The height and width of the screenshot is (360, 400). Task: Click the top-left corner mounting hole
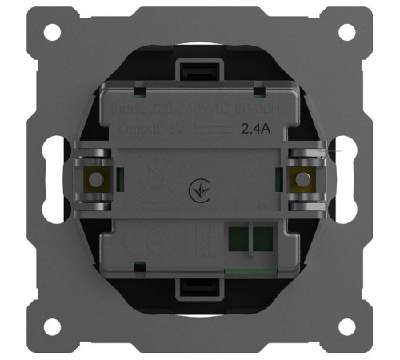point(52,32)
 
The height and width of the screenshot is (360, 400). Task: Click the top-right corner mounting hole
point(347,32)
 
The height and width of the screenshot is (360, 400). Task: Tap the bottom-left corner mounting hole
point(52,326)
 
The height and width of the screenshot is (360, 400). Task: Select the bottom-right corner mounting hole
point(347,326)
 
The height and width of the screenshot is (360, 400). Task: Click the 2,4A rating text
point(256,134)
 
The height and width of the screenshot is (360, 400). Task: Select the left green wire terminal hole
point(238,238)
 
